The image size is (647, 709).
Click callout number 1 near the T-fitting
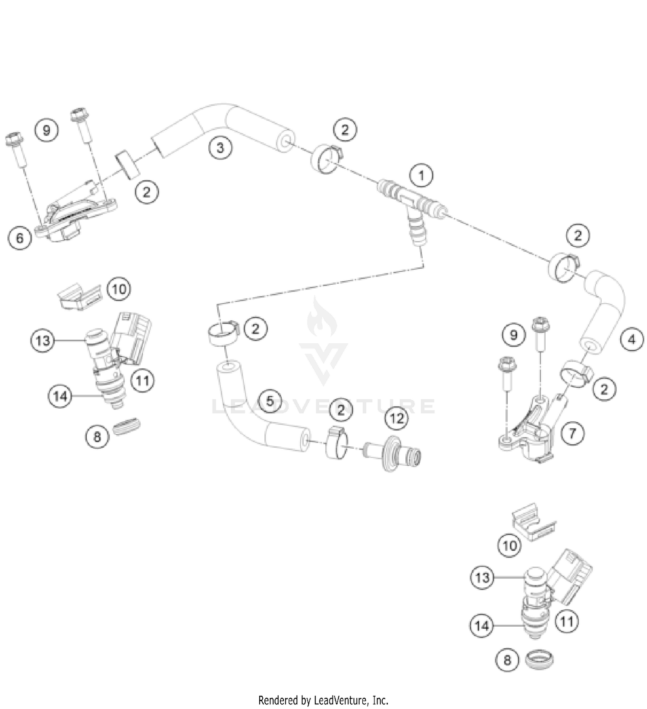coord(421,176)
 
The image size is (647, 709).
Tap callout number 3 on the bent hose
coord(220,148)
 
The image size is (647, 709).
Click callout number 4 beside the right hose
coord(631,339)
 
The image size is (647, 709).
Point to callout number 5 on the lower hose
coord(270,401)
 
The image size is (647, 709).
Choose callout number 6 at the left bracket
coord(20,238)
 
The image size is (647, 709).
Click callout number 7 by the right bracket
coord(572,433)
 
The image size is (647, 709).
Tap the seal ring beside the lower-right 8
coord(540,659)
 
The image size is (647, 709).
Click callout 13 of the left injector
coord(43,341)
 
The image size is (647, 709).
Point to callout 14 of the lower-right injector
coord(481,625)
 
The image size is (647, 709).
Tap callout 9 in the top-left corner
coord(47,129)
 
